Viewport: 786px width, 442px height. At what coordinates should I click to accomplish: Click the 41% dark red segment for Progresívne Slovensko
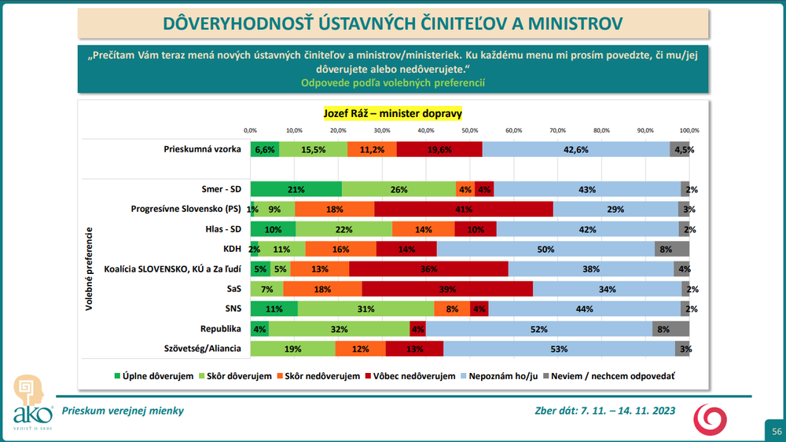[x=463, y=209]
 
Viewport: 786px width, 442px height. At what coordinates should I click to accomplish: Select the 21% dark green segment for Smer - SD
[x=296, y=189]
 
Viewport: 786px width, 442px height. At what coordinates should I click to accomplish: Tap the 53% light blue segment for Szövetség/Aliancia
[x=559, y=348]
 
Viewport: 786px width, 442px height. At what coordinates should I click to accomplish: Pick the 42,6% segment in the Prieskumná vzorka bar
[x=575, y=149]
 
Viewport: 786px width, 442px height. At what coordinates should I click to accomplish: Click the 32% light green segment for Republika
[x=339, y=328]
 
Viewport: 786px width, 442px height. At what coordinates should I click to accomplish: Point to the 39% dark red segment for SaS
[x=447, y=288]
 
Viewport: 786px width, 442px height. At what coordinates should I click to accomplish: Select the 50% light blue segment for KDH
[x=545, y=249]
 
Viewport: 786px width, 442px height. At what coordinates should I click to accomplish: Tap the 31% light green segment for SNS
[x=365, y=309]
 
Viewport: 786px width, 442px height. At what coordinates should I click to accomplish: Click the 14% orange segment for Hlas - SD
[x=423, y=228]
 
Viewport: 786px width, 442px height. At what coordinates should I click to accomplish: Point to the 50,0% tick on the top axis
[x=470, y=130]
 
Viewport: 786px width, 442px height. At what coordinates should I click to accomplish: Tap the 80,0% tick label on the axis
[x=601, y=130]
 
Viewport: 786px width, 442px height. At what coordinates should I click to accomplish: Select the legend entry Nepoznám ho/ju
[x=503, y=377]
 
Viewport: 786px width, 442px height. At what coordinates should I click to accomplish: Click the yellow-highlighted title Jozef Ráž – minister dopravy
[x=393, y=113]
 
